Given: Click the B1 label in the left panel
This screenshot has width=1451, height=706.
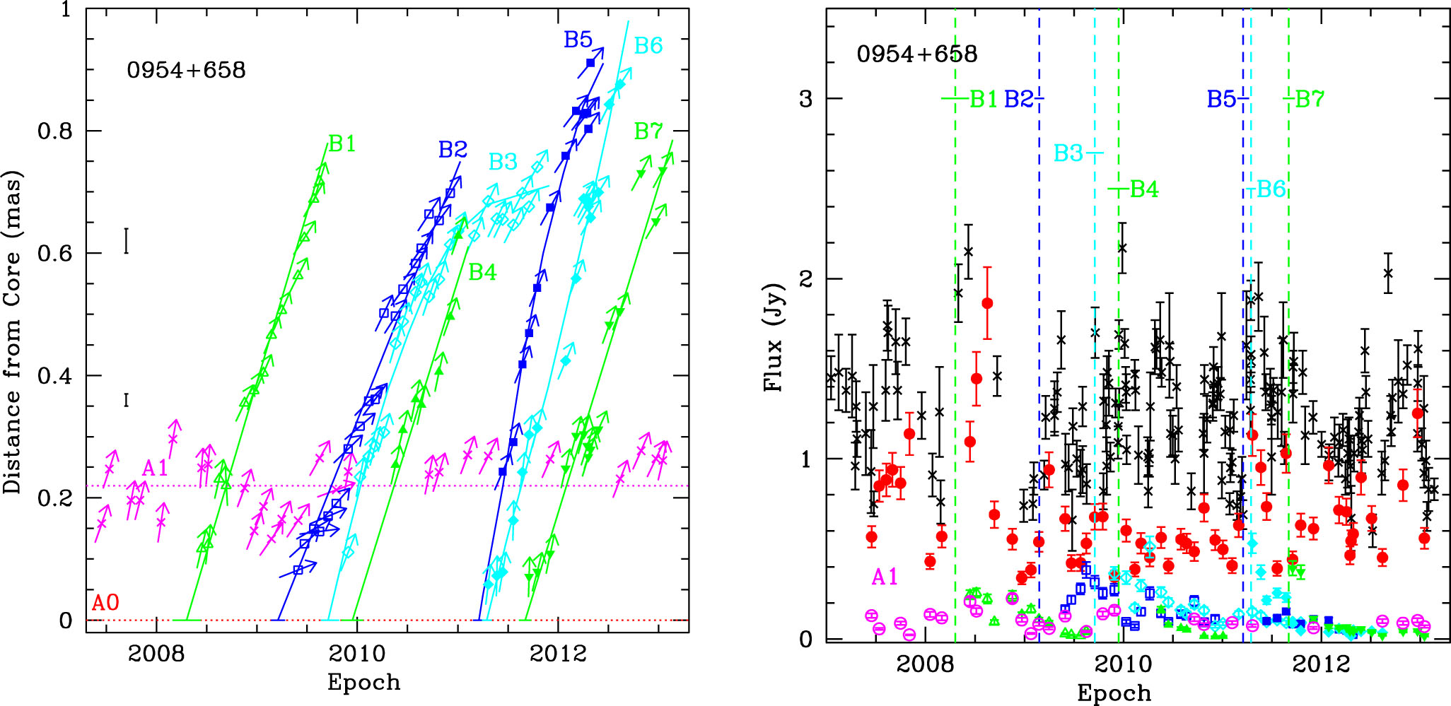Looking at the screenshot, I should click(x=343, y=143).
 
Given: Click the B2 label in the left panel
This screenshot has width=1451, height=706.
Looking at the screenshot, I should click(x=453, y=149).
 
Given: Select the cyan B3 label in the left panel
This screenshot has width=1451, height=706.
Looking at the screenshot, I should click(x=503, y=162).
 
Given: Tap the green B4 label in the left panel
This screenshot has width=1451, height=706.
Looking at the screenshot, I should click(x=482, y=272).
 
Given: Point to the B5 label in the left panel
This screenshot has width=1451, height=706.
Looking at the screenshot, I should click(x=578, y=40).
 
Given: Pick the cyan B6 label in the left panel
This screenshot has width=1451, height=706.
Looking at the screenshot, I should click(x=648, y=46).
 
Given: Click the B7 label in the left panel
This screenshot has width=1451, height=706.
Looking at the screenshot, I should click(x=648, y=131).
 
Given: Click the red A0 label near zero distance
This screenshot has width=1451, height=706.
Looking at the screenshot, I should click(x=105, y=603).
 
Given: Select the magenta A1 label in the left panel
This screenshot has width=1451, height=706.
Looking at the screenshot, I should click(x=155, y=468).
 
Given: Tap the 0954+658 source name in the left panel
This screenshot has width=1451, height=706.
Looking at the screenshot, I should click(x=186, y=70).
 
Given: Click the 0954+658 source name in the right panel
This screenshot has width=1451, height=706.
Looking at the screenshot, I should click(x=916, y=54).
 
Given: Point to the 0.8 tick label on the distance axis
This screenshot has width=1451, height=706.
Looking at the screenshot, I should click(x=55, y=131).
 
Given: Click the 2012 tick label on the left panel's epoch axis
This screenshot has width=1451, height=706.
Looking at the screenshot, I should click(x=558, y=653).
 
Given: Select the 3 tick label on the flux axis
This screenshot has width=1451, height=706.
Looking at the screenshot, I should click(x=805, y=99).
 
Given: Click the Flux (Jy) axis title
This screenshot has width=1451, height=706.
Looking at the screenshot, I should click(x=774, y=337).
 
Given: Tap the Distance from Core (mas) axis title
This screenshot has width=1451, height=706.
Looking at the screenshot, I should click(x=12, y=332).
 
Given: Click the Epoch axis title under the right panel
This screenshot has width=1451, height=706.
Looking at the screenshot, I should click(x=1114, y=693).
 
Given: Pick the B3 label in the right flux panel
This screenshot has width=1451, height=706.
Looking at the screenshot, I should click(x=1068, y=153).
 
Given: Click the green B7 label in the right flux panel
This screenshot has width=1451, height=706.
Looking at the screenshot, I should click(x=1309, y=99).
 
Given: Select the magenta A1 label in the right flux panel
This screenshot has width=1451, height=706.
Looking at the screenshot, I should click(x=885, y=577).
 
